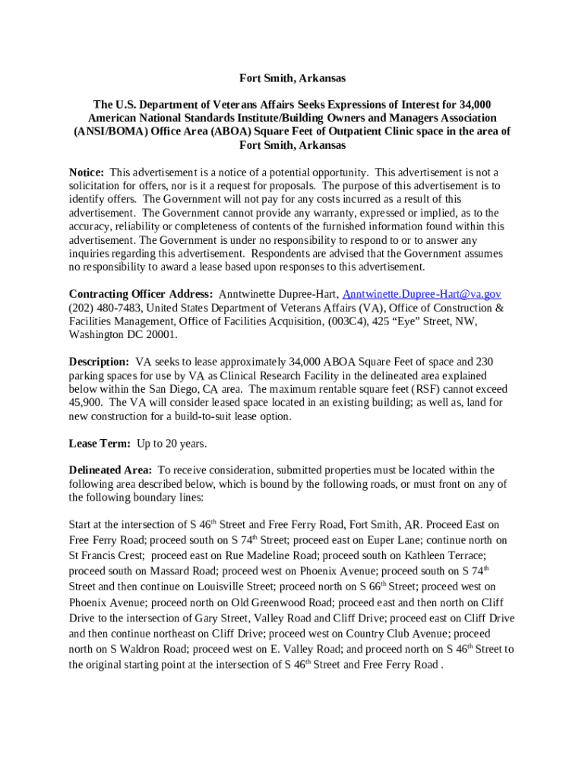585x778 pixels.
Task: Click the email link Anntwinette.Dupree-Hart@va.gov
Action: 422,294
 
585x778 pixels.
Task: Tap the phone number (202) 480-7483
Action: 103,308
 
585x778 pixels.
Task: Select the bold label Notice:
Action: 86,172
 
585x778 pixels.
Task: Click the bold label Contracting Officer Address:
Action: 141,294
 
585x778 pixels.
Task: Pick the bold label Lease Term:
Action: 99,443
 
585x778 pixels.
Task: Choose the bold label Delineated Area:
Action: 110,470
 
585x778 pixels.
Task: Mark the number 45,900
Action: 84,403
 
